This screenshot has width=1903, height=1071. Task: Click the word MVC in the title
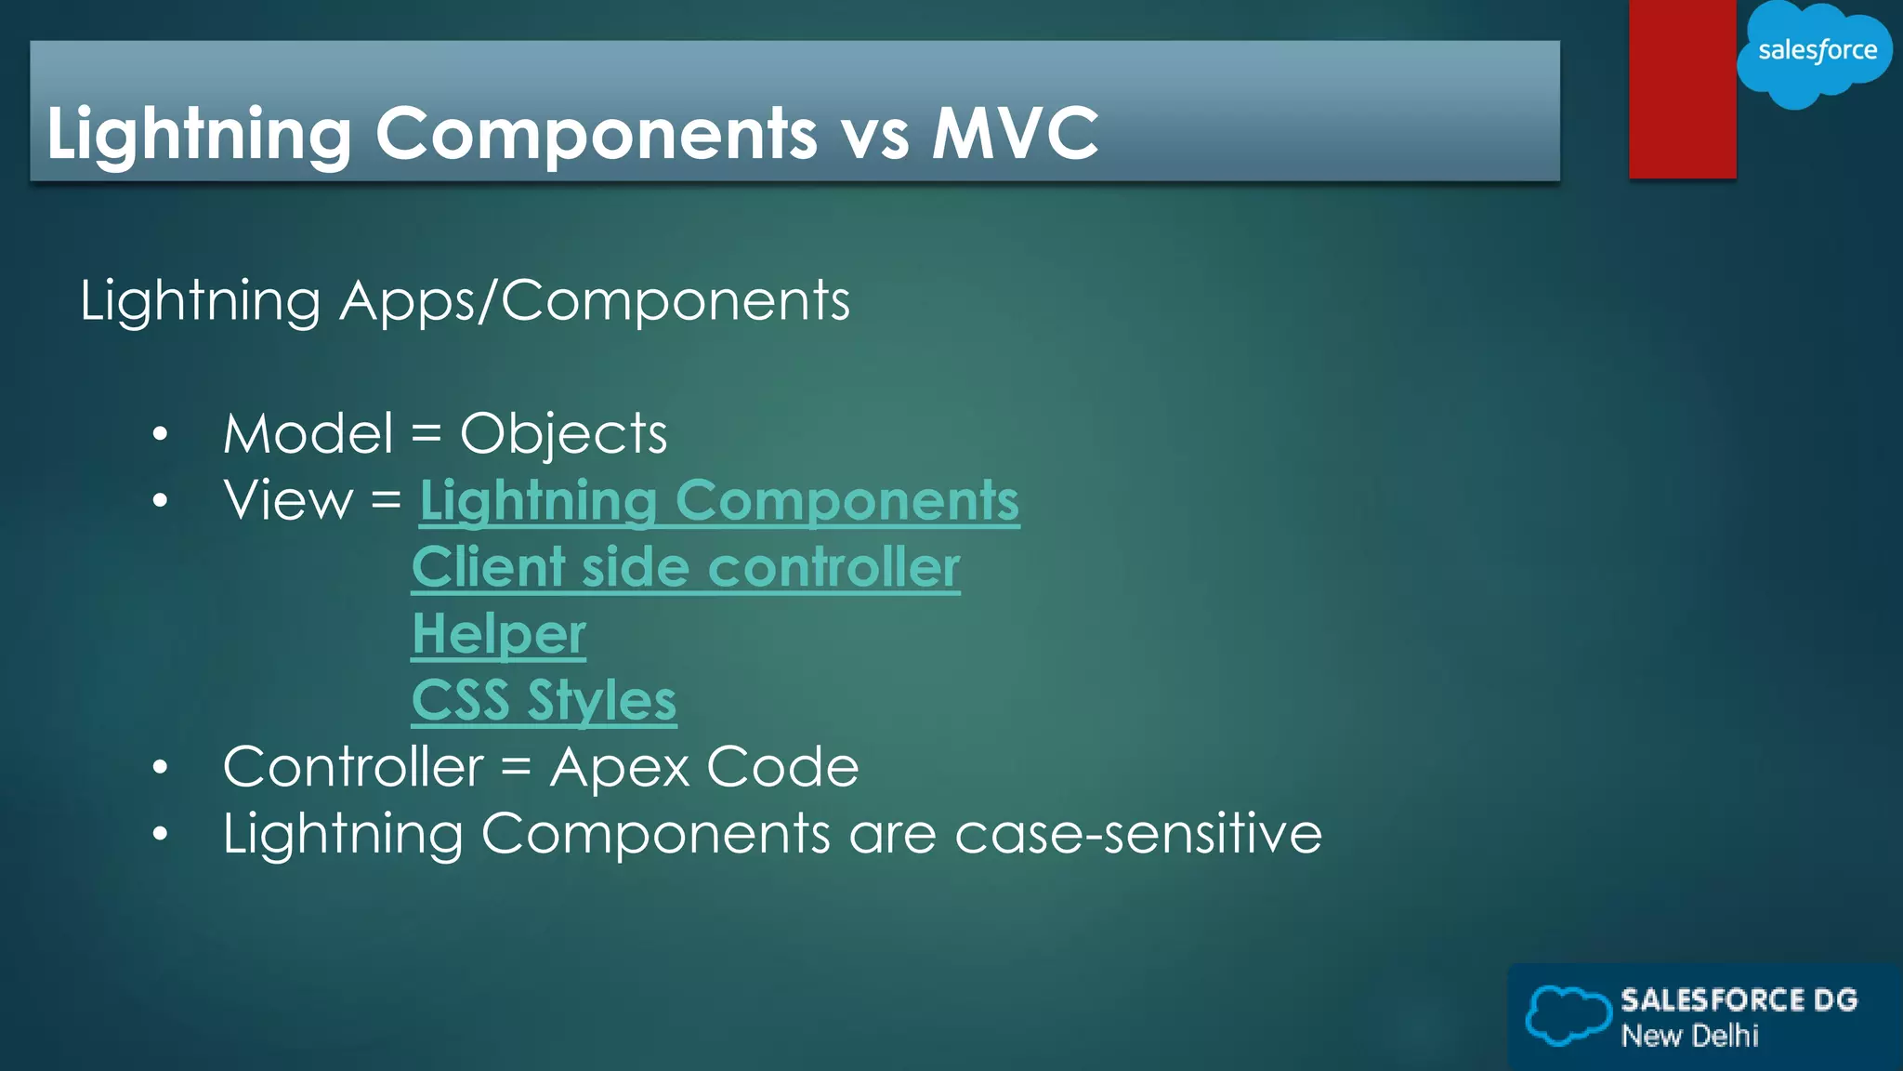[x=1015, y=133]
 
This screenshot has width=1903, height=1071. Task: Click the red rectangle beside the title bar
[x=1682, y=89]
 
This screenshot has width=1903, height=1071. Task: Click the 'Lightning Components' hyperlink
[x=719, y=501]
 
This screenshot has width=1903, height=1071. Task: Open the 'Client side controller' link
[x=686, y=567]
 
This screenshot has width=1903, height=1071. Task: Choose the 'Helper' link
[x=499, y=634]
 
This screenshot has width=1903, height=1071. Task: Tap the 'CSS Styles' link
[x=544, y=700]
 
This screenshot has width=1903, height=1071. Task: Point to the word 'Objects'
[x=563, y=434]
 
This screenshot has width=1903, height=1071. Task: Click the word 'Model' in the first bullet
[x=308, y=434]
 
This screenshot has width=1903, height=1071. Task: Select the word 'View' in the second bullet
[x=288, y=501]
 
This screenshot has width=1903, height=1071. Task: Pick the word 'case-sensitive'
[x=1138, y=833]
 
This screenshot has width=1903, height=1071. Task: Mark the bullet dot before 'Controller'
[x=161, y=768]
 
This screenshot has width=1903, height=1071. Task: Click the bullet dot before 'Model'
[x=161, y=434]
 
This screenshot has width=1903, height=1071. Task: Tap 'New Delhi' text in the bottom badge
[x=1689, y=1036]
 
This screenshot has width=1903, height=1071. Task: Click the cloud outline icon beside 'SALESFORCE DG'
[x=1568, y=1015]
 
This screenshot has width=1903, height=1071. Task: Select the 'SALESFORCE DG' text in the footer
[x=1739, y=1000]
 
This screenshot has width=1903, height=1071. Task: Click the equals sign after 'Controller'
[x=516, y=768]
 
